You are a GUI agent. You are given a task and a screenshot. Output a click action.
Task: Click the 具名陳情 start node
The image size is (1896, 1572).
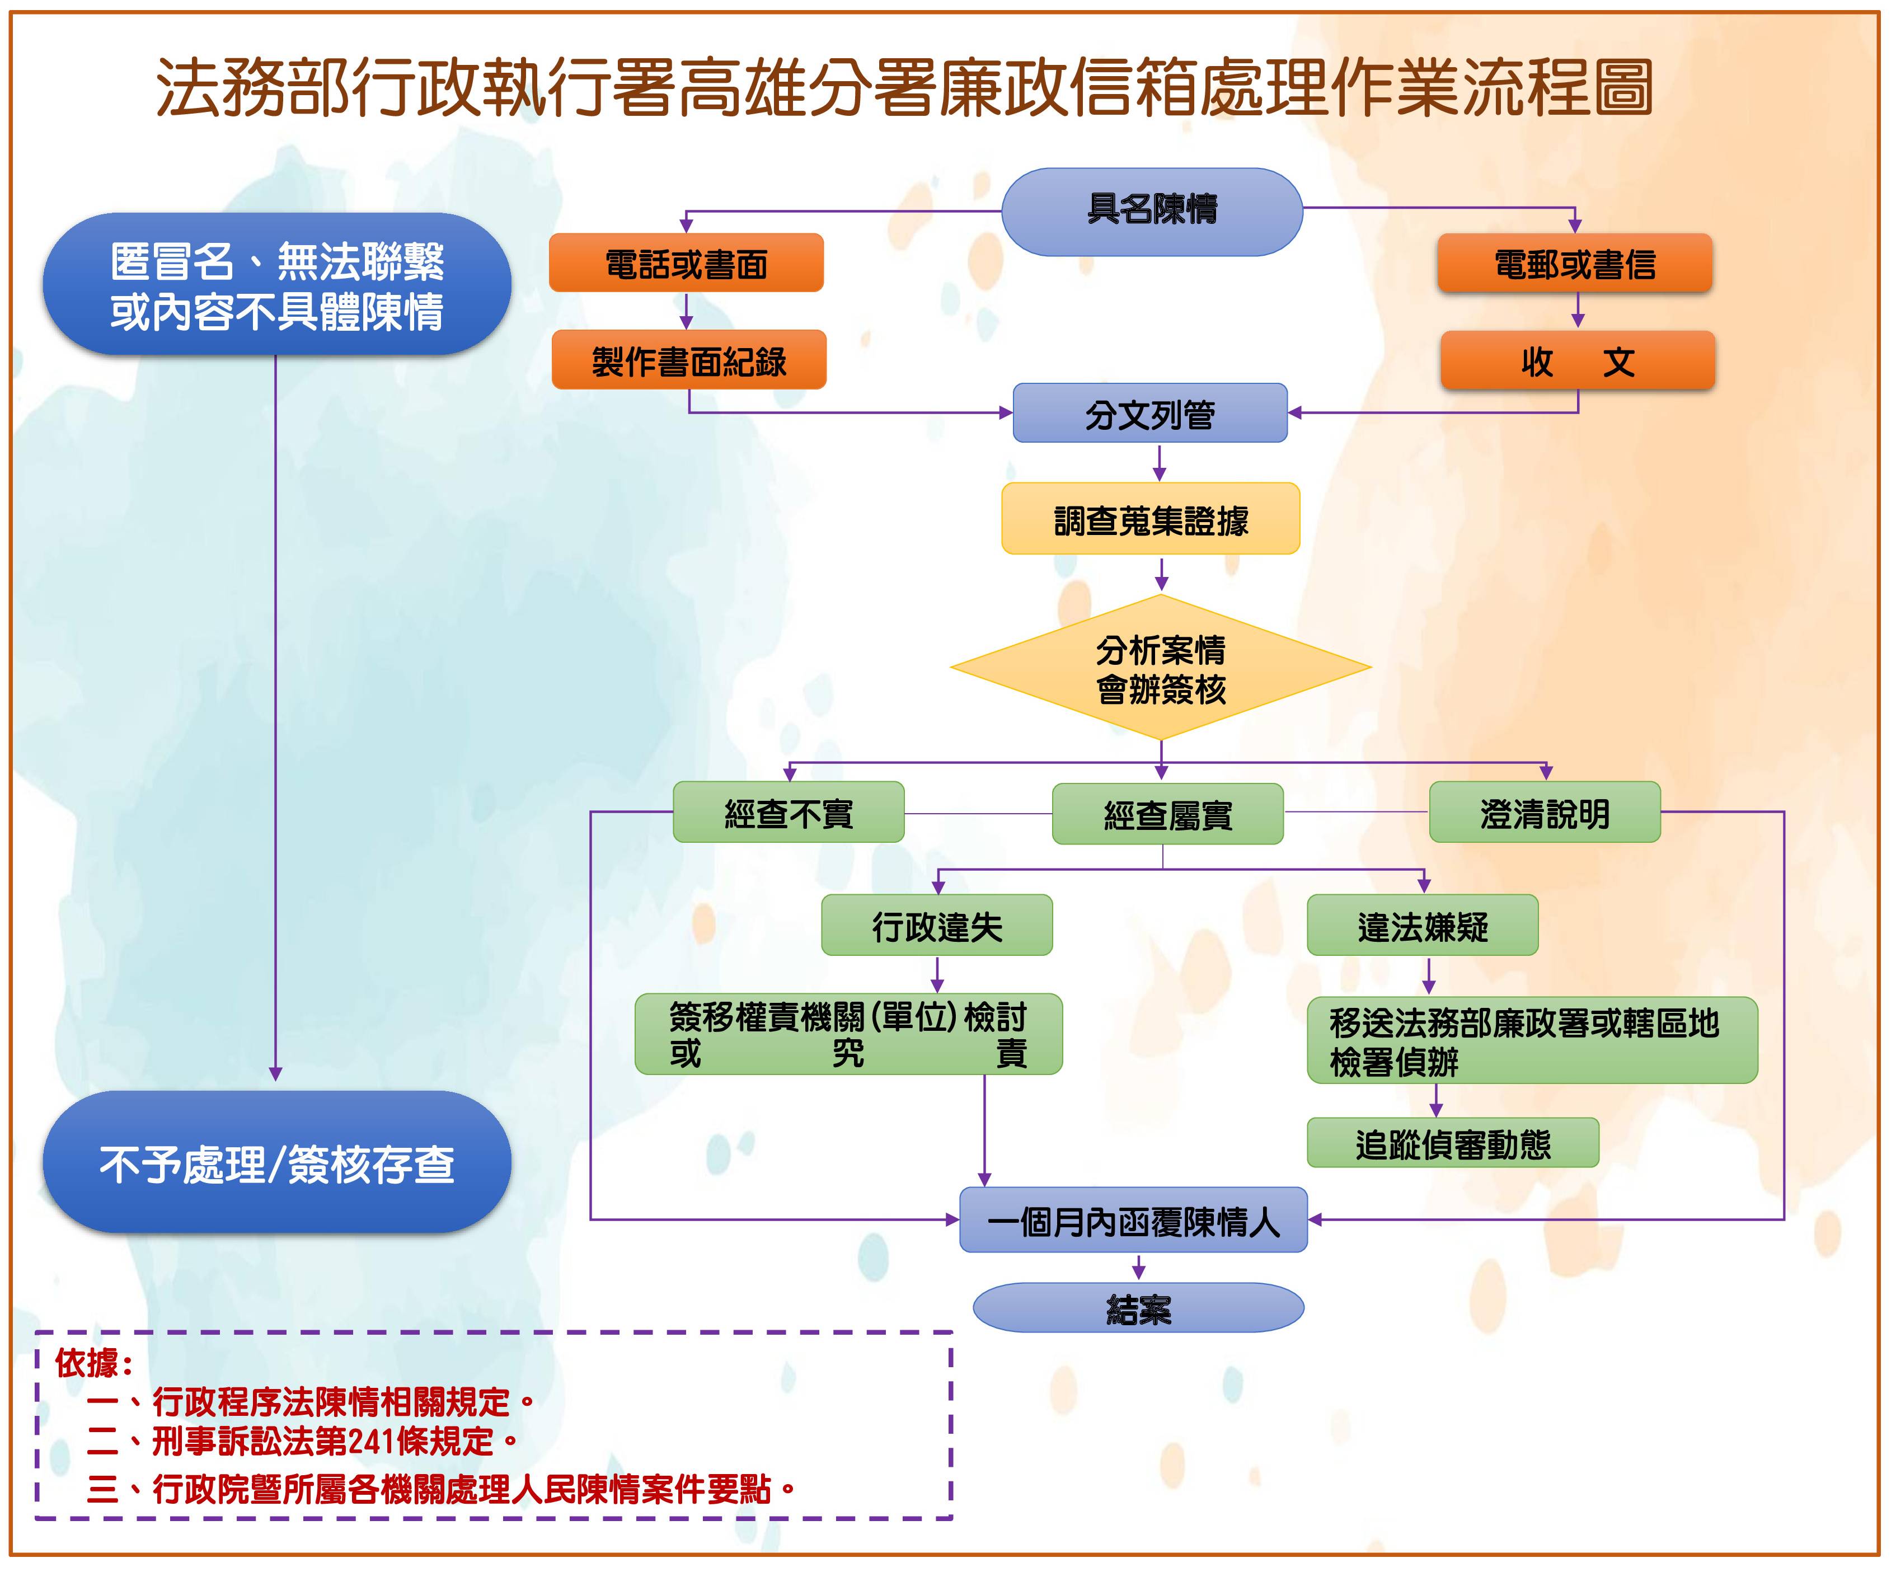coord(1152,210)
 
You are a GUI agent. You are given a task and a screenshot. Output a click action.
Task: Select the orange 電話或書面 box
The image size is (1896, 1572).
coord(686,264)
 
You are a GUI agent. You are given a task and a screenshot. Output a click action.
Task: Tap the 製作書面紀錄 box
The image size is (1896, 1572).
coord(689,360)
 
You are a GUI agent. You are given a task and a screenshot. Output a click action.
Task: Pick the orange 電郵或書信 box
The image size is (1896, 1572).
coord(1575,264)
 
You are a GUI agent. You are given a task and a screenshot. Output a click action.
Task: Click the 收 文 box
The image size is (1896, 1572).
coord(1577,361)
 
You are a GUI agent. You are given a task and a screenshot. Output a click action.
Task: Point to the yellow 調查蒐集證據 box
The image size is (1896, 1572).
coord(1150,519)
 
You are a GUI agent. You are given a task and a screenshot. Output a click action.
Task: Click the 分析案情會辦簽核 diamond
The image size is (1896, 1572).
coord(1161,668)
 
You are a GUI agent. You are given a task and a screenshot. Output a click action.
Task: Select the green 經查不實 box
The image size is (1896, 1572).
coord(788,813)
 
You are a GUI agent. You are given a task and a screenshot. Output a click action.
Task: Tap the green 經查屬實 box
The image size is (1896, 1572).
coord(1167,814)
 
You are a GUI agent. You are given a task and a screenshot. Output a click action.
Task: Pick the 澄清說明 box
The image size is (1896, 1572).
coord(1544,813)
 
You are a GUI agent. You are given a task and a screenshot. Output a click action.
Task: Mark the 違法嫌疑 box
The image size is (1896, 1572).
coord(1422,926)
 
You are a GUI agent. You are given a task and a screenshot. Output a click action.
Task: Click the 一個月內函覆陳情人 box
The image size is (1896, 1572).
coord(1133,1221)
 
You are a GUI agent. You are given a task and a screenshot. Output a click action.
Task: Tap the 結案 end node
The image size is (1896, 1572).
coord(1138,1308)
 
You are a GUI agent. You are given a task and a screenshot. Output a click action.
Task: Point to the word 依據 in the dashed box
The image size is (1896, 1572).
coord(87,1363)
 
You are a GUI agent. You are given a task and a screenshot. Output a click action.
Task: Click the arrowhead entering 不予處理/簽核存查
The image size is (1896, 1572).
coord(275,1073)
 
